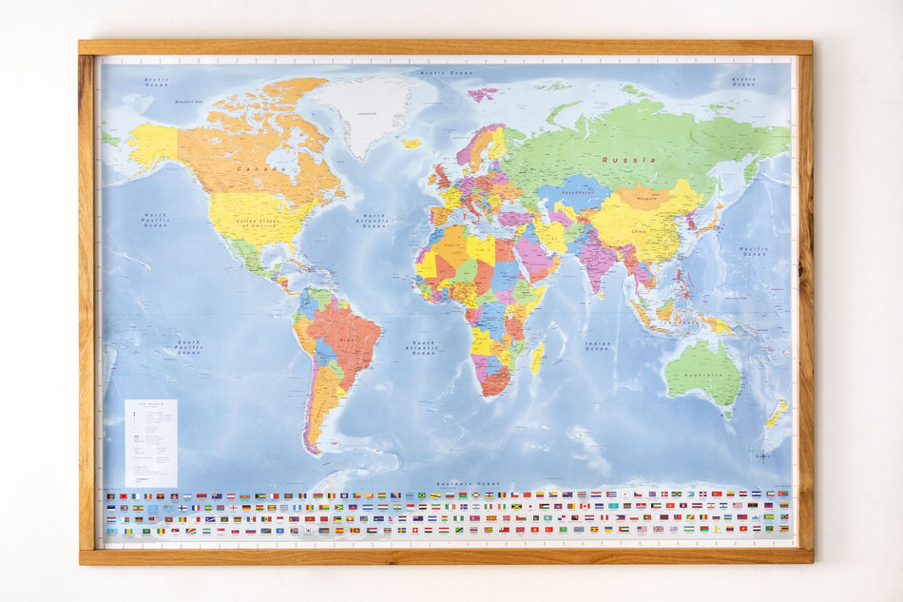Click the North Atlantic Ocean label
(x=374, y=222)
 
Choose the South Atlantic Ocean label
(x=424, y=347)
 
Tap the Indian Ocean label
(x=597, y=347)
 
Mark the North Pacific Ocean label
(x=153, y=219)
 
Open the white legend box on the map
(x=150, y=443)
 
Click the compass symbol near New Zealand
(x=762, y=456)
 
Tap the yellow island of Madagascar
(x=537, y=358)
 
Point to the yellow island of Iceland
(x=412, y=144)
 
